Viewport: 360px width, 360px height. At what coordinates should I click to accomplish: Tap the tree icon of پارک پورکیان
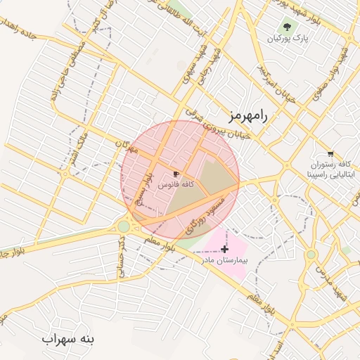coord(286,27)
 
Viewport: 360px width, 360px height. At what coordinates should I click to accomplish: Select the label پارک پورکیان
coord(288,38)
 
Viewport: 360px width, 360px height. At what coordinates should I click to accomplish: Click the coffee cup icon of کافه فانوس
coord(176,173)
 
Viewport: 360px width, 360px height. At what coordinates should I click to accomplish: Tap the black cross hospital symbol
coord(224,249)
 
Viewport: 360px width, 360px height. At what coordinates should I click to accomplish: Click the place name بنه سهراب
coord(67,340)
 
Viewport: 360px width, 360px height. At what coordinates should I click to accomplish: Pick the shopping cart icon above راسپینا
coord(330,153)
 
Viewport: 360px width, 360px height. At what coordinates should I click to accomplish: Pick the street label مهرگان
coord(124,146)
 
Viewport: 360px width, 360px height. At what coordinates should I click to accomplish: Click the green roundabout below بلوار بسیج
coord(124,226)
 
